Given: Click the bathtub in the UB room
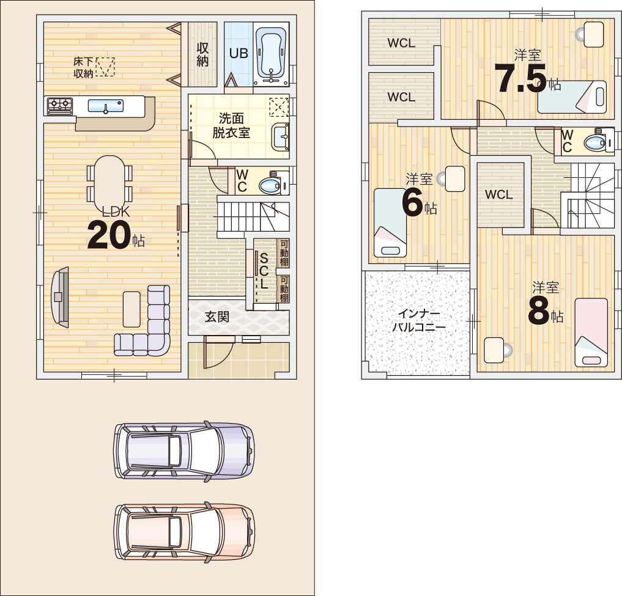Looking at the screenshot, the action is click(272, 56).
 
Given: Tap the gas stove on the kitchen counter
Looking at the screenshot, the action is click(60, 106).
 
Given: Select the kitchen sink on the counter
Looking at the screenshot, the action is click(106, 106).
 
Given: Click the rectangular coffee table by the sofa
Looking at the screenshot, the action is click(131, 309).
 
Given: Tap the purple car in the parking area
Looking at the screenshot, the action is click(183, 451).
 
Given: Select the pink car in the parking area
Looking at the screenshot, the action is click(183, 532).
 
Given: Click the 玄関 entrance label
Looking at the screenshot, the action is click(217, 317).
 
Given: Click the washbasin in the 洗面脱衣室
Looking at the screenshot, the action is click(281, 137).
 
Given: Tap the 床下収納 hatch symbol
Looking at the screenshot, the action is click(105, 67).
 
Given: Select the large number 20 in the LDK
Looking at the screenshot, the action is click(109, 235).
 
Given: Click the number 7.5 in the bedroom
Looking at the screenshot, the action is click(521, 79).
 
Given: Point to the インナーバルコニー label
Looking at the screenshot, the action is click(419, 321).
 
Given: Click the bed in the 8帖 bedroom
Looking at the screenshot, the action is click(591, 333).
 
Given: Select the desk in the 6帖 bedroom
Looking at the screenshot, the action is click(455, 179).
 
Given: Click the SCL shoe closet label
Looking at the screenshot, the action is click(264, 271).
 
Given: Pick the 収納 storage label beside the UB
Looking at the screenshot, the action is click(202, 54).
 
